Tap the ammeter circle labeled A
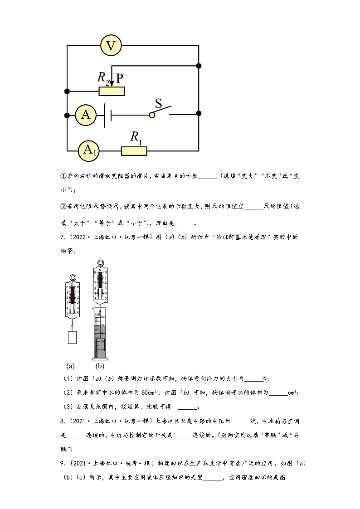86,115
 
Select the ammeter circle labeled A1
88,150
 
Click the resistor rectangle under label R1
134,150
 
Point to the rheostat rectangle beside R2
112,91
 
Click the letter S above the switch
159,104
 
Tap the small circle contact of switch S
152,115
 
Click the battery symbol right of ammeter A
108,115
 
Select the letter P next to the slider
119,78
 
